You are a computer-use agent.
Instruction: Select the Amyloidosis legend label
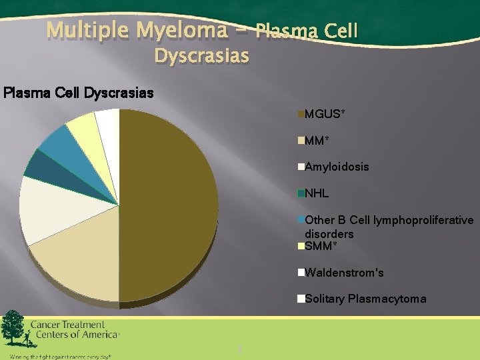pos(336,167)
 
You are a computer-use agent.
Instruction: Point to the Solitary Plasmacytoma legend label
pos(365,299)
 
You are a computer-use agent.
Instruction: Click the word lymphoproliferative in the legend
pos(423,220)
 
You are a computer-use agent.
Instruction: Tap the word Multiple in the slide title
pos(89,31)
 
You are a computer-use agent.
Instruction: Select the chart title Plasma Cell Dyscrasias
pos(78,93)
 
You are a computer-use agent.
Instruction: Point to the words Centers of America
pos(74,335)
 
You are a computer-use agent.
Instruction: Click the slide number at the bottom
pos(239,349)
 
